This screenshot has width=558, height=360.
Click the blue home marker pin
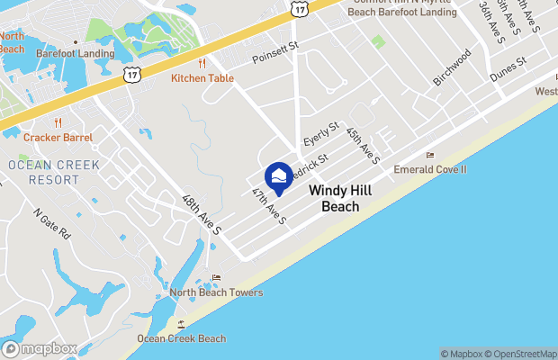click(x=279, y=175)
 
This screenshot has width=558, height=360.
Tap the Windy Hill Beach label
click(x=334, y=199)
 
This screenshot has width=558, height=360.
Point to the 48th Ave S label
click(x=202, y=214)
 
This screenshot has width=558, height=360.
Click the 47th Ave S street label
click(x=268, y=208)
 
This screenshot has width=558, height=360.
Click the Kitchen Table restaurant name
click(x=202, y=78)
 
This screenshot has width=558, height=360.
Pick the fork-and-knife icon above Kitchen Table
click(x=202, y=64)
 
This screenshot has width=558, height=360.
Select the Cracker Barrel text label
click(x=58, y=138)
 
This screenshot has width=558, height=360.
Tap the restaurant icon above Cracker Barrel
click(x=58, y=123)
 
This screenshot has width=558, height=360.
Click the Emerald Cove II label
click(x=430, y=169)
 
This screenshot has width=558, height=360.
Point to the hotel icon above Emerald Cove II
click(x=430, y=156)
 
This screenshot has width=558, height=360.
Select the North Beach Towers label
click(x=216, y=292)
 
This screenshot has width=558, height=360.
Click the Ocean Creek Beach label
click(x=181, y=338)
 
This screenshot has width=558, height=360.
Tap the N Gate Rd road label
click(x=52, y=224)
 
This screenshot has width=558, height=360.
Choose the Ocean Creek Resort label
click(x=42, y=172)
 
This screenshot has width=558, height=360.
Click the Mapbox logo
click(x=40, y=348)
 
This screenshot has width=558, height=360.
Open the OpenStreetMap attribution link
click(x=521, y=354)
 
